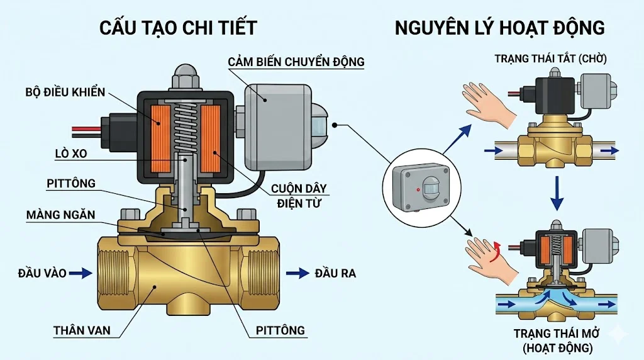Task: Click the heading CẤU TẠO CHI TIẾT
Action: pos(179,28)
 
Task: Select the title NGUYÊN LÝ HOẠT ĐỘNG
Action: pos(500,28)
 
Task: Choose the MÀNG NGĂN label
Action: pos(60,215)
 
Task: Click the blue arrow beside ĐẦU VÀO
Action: pos(81,273)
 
